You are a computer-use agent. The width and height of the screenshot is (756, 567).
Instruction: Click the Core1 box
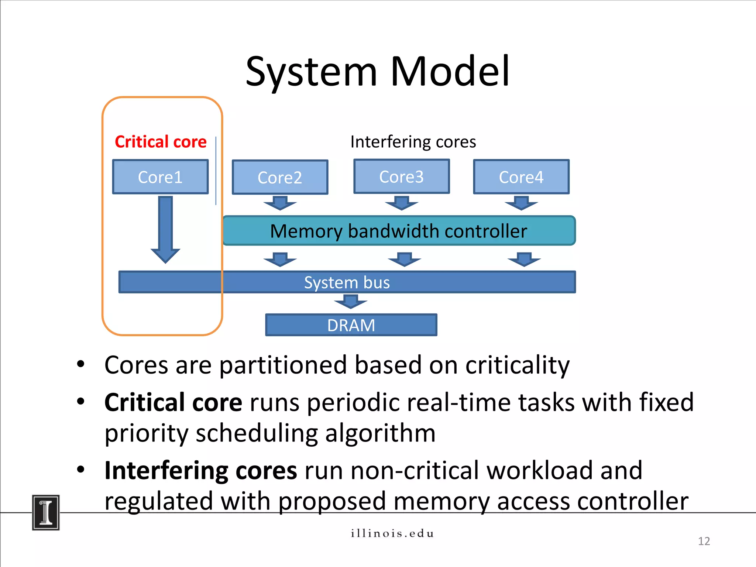pos(160,177)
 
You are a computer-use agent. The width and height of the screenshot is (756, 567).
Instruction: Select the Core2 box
pos(280,178)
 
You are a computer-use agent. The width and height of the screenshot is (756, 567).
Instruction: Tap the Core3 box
pos(401,176)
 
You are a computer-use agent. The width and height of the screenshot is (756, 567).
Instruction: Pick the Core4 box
pos(521,177)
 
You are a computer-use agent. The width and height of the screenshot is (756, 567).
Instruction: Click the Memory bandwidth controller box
pos(399,231)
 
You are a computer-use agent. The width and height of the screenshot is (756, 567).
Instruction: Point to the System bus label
pos(347,282)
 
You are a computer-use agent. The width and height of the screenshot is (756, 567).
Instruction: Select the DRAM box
pos(351,325)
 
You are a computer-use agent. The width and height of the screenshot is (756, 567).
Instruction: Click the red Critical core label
pos(161,142)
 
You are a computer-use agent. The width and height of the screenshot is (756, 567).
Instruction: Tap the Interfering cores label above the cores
pos(413,142)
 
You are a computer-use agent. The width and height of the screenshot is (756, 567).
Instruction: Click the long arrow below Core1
pos(165,229)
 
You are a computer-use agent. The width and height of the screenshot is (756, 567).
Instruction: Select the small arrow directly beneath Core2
pos(280,203)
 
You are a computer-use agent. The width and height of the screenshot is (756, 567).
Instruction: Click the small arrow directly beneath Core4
pos(521,203)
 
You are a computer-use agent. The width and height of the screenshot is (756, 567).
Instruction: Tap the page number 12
pos(704,541)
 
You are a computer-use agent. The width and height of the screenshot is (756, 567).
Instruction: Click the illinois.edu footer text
pos(392,533)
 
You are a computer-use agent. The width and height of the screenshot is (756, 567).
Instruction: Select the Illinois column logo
pos(46,513)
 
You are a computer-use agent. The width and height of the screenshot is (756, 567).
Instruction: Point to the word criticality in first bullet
pos(517,365)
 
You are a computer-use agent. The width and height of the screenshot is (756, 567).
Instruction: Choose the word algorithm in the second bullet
pos(380,433)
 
